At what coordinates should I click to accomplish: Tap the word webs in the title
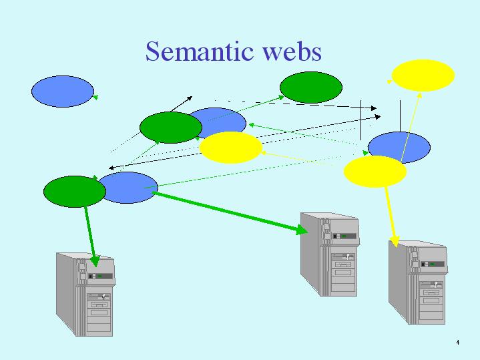point(292,51)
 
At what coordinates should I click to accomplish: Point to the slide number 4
point(458,342)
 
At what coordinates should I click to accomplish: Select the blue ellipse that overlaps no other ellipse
point(63,92)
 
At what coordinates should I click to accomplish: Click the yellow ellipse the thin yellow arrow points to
point(423,75)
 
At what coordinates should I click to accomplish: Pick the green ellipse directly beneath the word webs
point(311,87)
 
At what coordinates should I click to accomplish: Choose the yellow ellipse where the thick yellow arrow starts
point(375,172)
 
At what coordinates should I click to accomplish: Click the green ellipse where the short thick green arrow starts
point(75,192)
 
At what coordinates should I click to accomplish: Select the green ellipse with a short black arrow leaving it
point(171,128)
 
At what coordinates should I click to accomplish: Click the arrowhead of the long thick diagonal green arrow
point(302,229)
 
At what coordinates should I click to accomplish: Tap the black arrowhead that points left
point(111,168)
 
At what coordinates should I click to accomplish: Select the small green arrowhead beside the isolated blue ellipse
point(95,97)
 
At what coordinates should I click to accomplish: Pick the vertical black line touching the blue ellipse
point(400,116)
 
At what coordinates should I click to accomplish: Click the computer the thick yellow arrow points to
point(418,283)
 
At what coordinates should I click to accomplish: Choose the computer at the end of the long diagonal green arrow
point(330,254)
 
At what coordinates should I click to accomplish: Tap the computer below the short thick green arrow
point(85,294)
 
